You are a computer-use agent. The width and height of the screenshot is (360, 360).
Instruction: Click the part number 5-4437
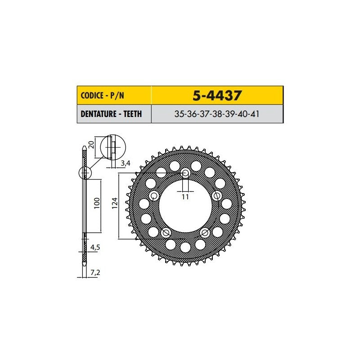(217, 95)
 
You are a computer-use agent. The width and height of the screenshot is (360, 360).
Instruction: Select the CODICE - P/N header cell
(114, 95)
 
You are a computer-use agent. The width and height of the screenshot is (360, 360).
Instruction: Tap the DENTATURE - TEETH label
(111, 114)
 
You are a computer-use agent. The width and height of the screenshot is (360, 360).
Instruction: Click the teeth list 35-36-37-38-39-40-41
(217, 114)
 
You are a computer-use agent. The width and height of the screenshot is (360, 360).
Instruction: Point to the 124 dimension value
(115, 203)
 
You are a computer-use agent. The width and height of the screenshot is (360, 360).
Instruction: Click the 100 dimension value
(97, 203)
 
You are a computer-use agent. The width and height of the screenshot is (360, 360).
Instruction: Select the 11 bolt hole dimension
(185, 197)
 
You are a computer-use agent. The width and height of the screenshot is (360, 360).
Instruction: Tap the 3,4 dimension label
(126, 163)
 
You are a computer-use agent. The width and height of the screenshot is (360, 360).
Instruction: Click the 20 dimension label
(91, 144)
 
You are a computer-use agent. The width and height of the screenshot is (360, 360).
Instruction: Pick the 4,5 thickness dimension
(95, 247)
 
